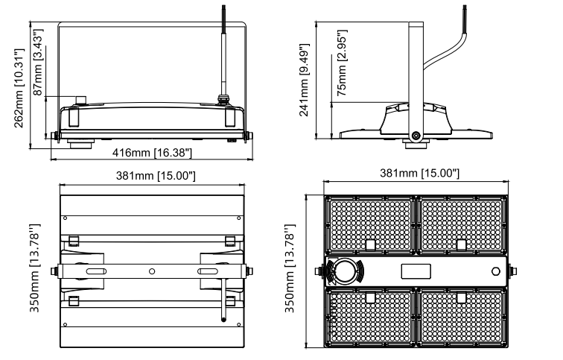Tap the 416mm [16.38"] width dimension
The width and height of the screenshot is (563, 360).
click(x=152, y=153)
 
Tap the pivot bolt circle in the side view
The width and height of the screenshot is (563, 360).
click(x=416, y=136)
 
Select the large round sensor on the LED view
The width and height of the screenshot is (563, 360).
click(x=343, y=271)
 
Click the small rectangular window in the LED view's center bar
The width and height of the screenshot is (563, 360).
click(x=416, y=271)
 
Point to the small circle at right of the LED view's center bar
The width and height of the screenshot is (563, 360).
click(x=495, y=271)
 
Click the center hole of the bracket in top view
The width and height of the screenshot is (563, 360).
click(x=152, y=272)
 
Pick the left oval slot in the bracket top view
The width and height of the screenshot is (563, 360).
click(x=95, y=272)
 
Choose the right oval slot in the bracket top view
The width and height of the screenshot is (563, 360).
click(x=209, y=272)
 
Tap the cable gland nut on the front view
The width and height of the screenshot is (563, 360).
click(x=221, y=98)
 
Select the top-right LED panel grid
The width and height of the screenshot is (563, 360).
click(x=462, y=224)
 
